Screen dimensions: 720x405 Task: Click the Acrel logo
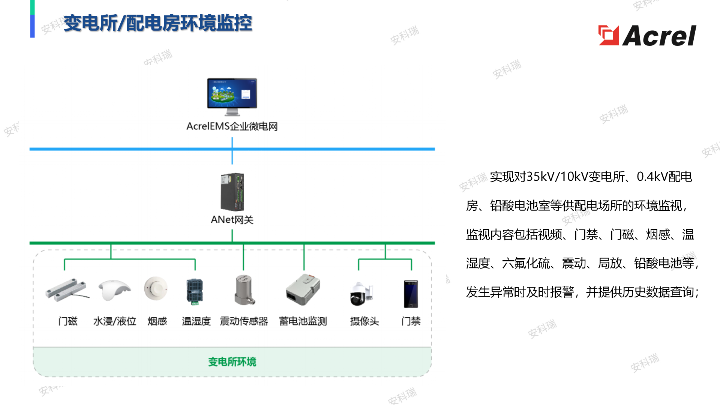[x=647, y=36]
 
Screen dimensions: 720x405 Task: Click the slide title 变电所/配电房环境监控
[x=158, y=23]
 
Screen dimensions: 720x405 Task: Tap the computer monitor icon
[x=232, y=97]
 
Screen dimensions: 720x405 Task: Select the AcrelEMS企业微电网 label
[x=232, y=126]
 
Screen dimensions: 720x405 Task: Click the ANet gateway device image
[x=232, y=192]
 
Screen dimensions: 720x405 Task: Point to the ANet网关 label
[x=232, y=220]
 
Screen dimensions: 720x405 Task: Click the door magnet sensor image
[x=67, y=290]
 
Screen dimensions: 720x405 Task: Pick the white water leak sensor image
[x=114, y=290]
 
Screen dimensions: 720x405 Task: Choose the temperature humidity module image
[x=195, y=291]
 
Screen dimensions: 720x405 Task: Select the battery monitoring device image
[x=303, y=289]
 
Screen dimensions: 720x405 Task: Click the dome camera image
[x=361, y=294]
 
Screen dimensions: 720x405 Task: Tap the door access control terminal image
[x=411, y=294]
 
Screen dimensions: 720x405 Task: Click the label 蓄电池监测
[x=303, y=321]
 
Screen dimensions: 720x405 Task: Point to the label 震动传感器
[x=244, y=321]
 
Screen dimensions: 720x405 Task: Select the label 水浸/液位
[x=115, y=321]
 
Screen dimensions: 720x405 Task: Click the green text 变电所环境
[x=232, y=362]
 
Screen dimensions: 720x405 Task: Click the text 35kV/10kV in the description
[x=557, y=177]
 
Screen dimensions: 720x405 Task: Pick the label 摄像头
[x=364, y=321]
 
